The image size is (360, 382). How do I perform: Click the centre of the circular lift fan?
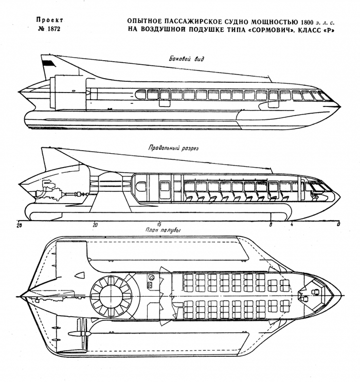coord(109,296)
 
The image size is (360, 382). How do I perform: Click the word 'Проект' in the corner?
coord(48,21)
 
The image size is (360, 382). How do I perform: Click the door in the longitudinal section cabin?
coord(165,190)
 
